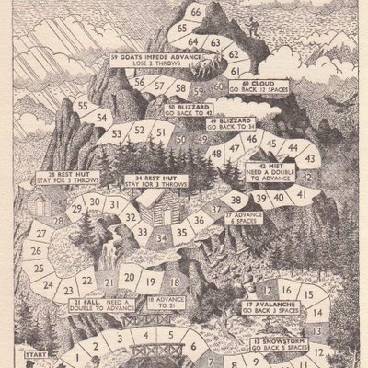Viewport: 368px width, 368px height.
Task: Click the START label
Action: [36, 353]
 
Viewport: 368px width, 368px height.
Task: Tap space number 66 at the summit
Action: [196, 12]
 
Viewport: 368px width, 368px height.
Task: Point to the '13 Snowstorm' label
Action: [277, 345]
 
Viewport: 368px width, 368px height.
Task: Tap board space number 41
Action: [298, 194]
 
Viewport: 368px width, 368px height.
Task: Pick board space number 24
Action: [47, 284]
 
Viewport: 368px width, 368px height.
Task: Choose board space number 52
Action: [139, 132]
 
